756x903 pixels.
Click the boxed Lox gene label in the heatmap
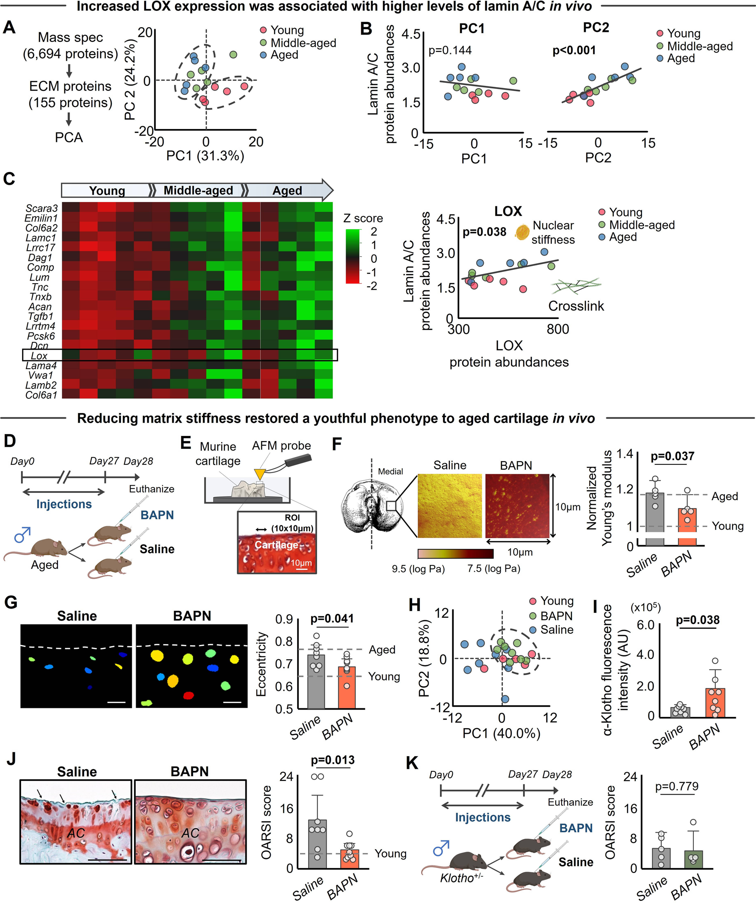tap(39, 356)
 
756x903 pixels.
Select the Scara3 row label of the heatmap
tap(41, 208)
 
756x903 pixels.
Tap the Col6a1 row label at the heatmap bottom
tap(41, 395)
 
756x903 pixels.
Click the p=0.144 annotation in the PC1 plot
tap(450, 51)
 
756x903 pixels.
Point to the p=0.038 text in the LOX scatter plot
tap(484, 232)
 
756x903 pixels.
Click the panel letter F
tap(337, 444)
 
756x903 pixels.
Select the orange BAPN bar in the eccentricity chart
tap(346, 687)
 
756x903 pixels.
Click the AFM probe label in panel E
tap(281, 445)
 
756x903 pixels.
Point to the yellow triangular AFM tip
tap(260, 474)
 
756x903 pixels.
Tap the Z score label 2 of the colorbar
tap(374, 232)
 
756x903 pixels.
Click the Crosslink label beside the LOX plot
tap(576, 306)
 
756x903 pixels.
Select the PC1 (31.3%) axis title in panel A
tap(205, 155)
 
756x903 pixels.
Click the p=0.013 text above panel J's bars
tap(333, 760)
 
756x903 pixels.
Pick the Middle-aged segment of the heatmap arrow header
tap(198, 190)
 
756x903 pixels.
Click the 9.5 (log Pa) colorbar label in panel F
tap(418, 569)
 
